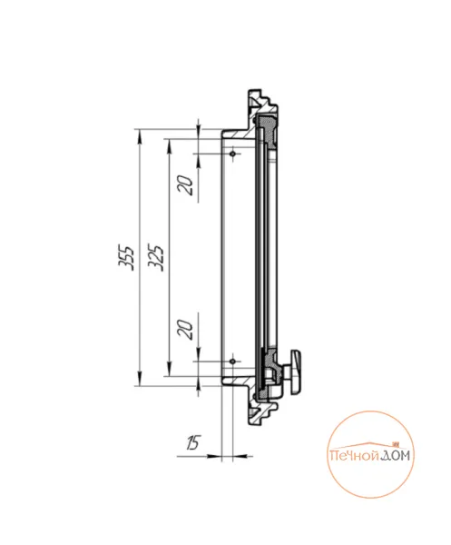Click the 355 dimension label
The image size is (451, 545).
126,258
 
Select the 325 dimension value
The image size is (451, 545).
155,258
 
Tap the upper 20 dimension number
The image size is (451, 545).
185,185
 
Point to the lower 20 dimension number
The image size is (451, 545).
185,330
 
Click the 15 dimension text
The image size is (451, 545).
193,442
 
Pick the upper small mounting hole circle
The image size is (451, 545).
233,154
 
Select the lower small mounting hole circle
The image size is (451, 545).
233,362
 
